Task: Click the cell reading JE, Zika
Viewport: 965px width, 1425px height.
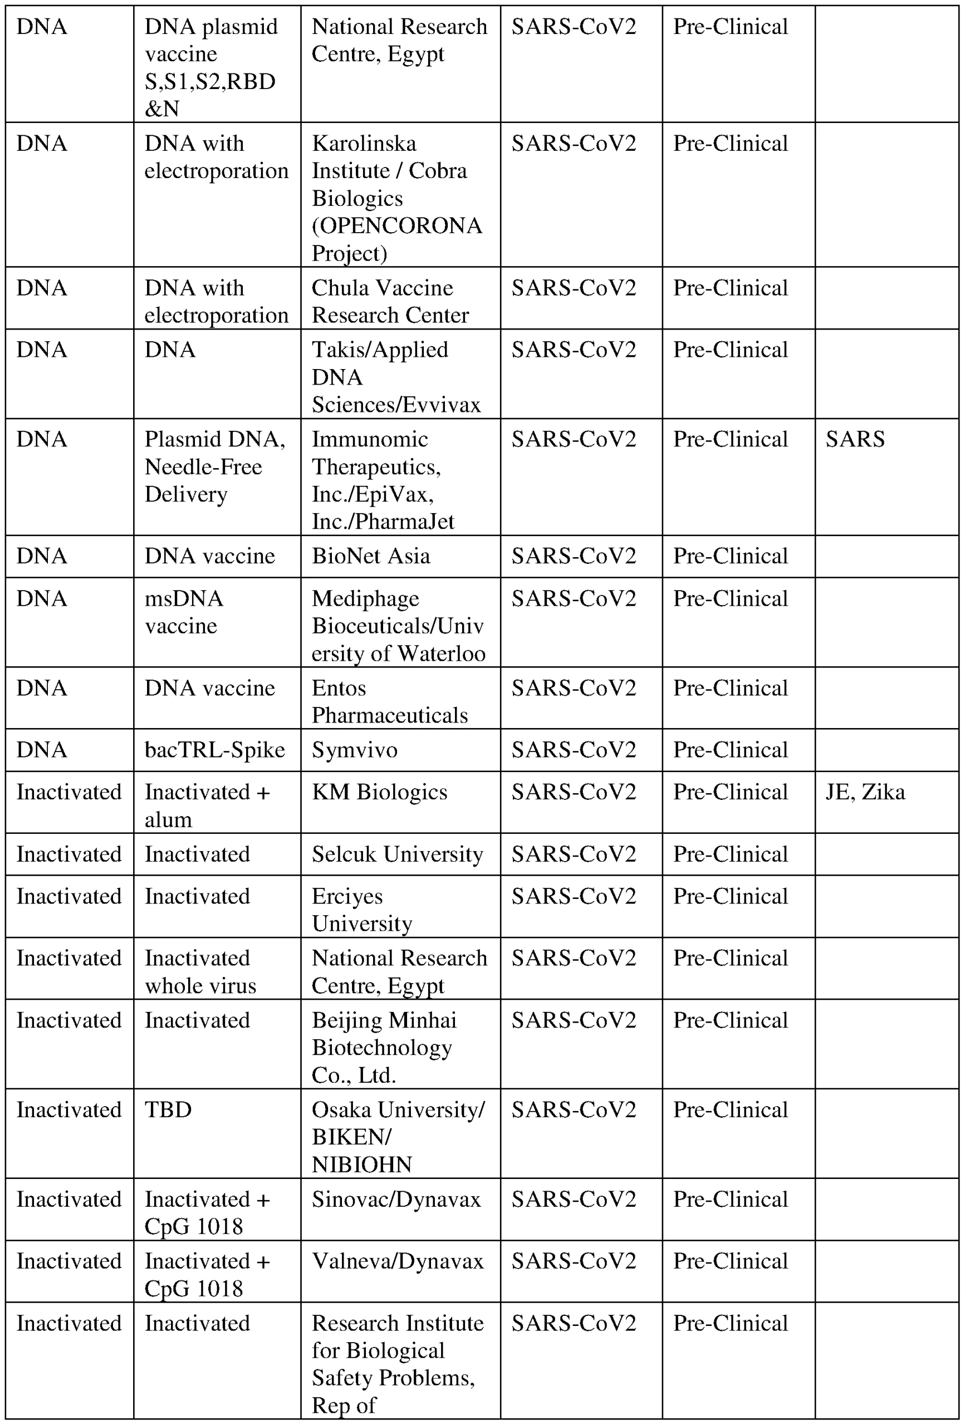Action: click(x=865, y=792)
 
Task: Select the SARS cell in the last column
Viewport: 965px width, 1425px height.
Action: click(x=855, y=439)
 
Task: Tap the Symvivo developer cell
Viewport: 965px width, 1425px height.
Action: click(x=355, y=749)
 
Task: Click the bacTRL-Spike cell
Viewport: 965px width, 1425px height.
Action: click(x=215, y=749)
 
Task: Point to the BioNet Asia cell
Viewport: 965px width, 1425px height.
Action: click(x=370, y=556)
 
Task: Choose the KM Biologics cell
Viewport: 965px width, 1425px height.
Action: click(x=379, y=792)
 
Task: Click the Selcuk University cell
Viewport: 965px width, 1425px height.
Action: click(x=397, y=853)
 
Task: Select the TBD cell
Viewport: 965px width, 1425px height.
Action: click(x=168, y=1109)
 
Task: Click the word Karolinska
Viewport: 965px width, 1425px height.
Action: click(x=364, y=144)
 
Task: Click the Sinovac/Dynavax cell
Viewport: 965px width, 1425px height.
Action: click(x=396, y=1199)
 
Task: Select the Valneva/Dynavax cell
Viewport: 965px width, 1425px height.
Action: click(x=398, y=1261)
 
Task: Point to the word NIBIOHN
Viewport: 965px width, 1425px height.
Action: click(x=361, y=1164)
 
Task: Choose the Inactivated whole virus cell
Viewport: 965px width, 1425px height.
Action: click(x=200, y=971)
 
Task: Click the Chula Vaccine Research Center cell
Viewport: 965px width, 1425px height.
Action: click(x=390, y=301)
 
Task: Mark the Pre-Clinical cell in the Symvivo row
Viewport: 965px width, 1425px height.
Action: click(x=730, y=749)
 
